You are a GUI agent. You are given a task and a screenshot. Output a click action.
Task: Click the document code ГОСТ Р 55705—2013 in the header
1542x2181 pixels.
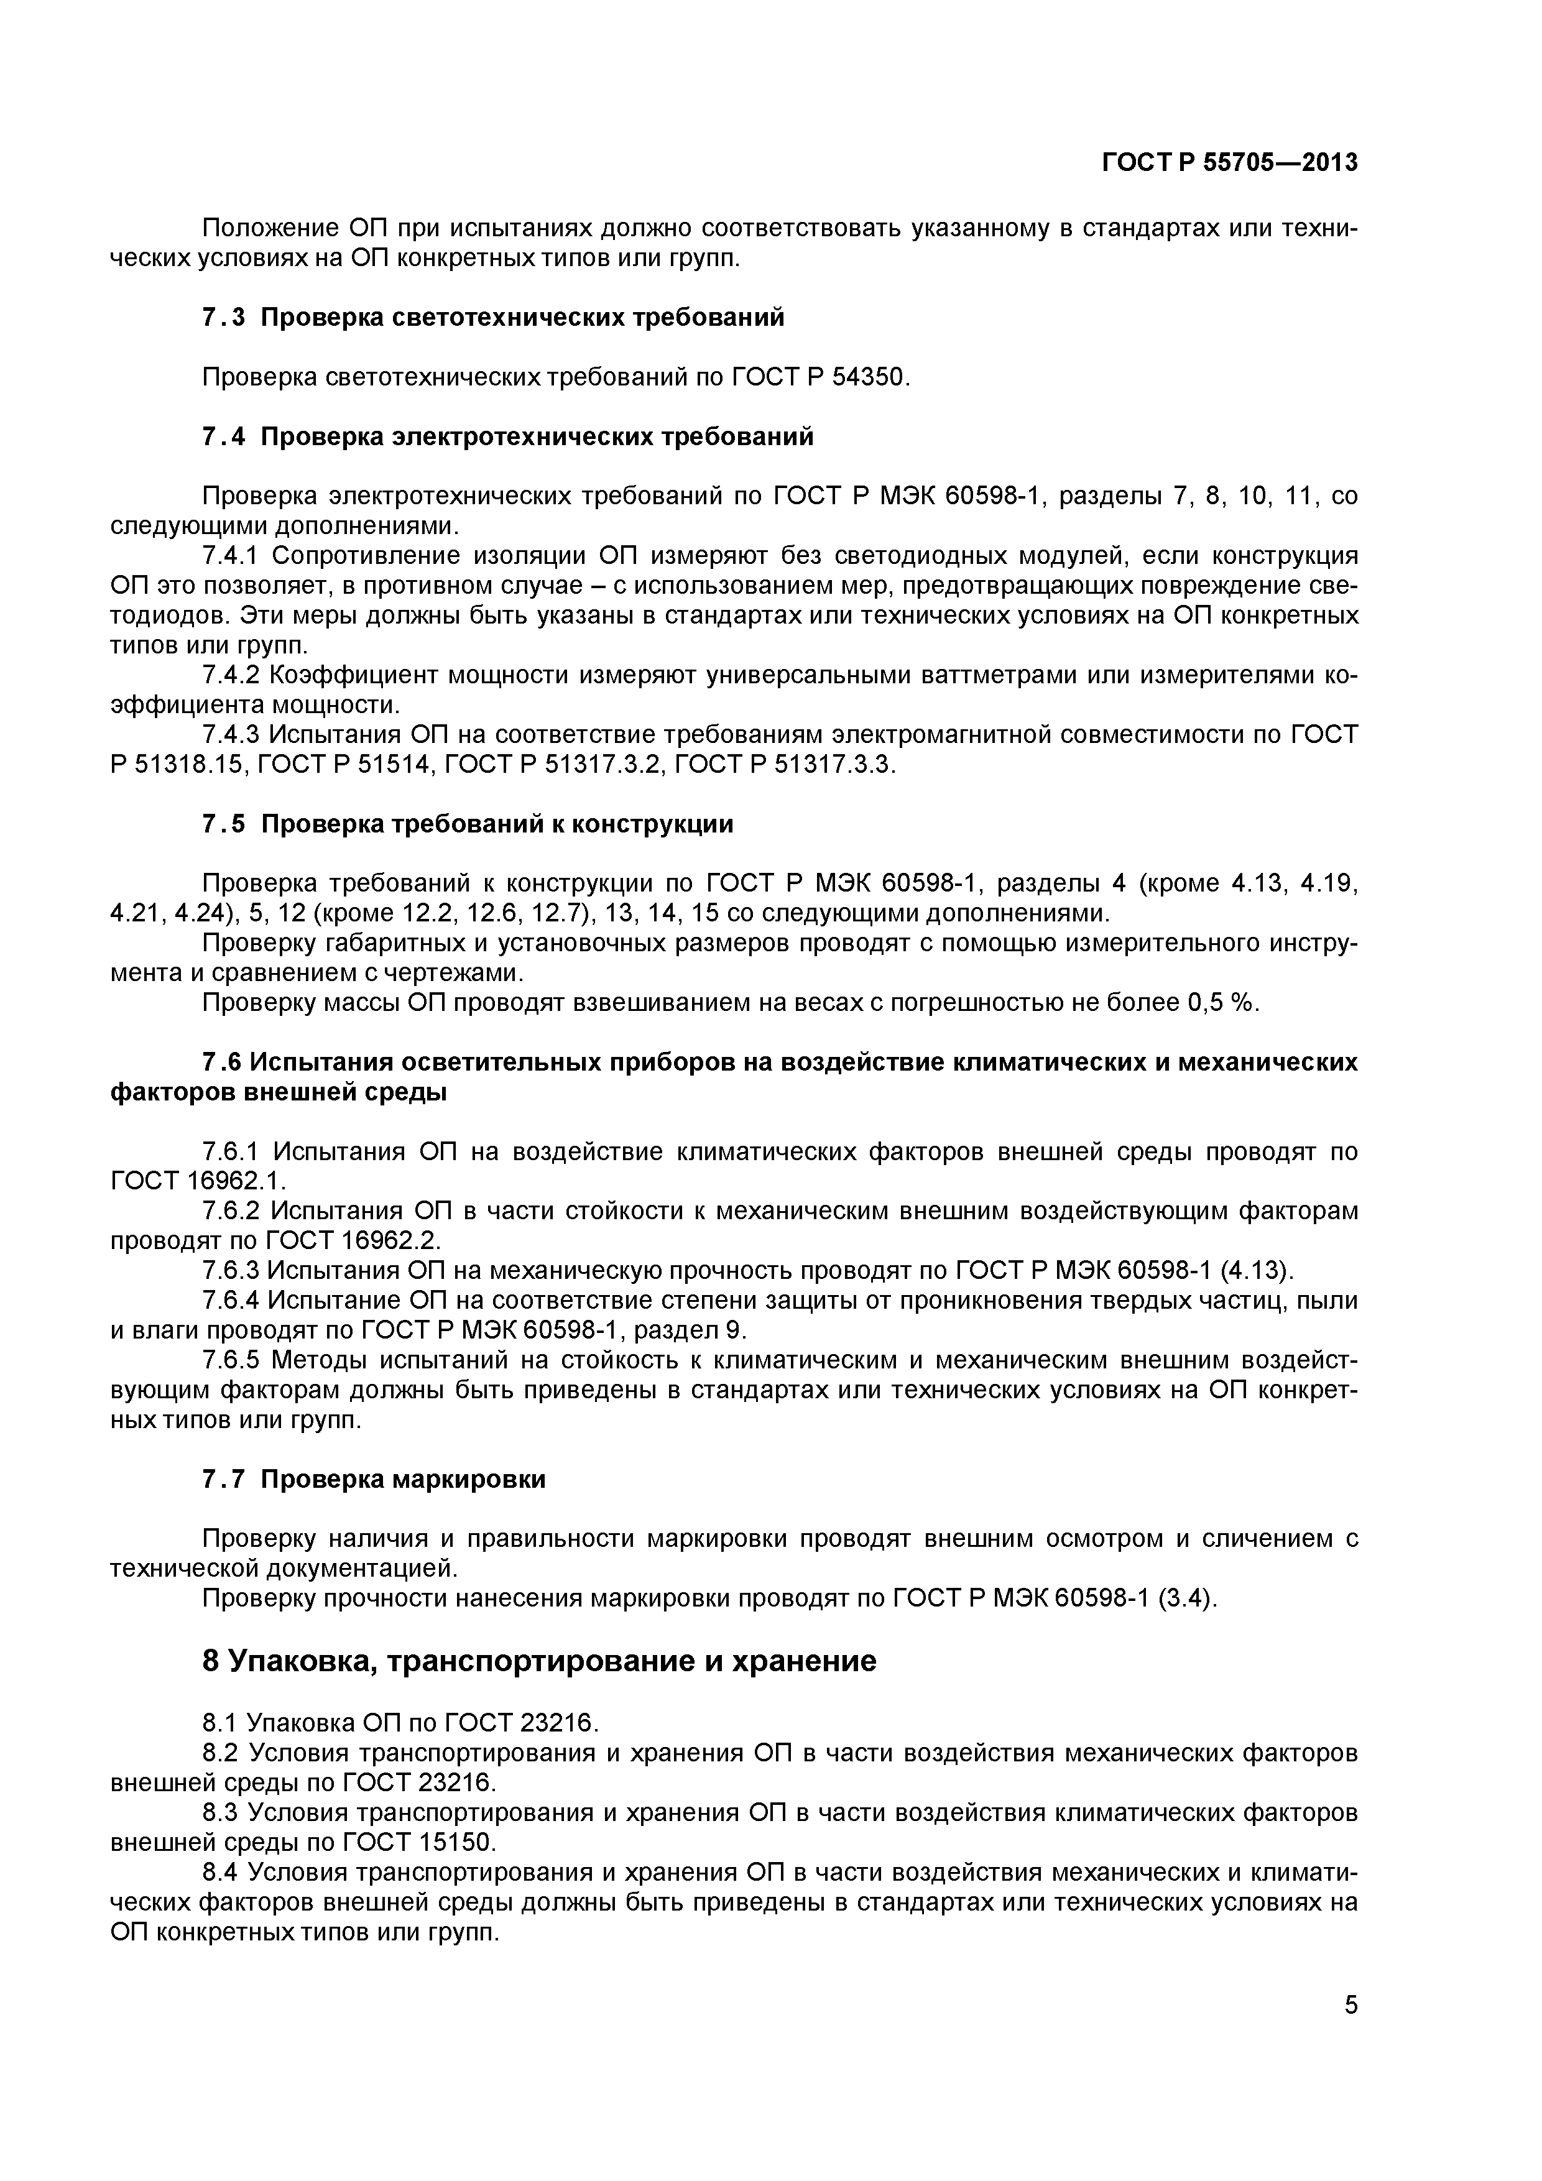(x=1229, y=164)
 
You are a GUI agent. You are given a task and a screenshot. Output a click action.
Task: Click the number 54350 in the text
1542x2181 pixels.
(x=869, y=378)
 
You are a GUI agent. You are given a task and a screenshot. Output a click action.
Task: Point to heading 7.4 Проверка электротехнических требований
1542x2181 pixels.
(x=507, y=437)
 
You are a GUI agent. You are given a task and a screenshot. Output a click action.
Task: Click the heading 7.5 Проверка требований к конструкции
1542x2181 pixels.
(x=468, y=824)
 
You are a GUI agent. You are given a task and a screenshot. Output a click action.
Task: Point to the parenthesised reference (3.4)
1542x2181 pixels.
(x=1188, y=1600)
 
